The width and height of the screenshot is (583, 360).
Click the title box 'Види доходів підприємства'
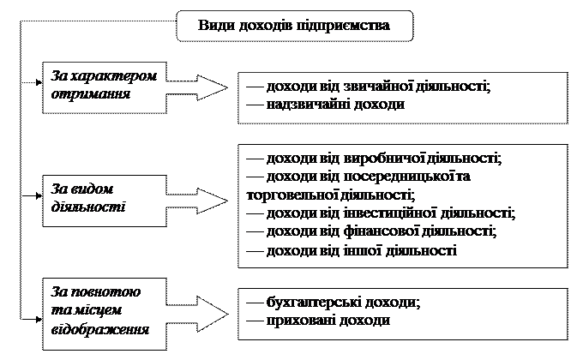pyautogui.click(x=294, y=26)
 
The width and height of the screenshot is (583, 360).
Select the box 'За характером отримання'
pyautogui.click(x=105, y=87)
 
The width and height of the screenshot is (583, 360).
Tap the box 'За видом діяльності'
pyautogui.click(x=105, y=201)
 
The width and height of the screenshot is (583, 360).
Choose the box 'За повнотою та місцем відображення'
pyautogui.click(x=105, y=314)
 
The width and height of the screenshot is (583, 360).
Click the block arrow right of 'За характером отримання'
pyautogui.click(x=197, y=87)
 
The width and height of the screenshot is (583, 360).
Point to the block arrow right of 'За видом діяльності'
pyautogui.click(x=197, y=201)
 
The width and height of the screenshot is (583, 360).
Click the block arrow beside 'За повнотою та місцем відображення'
pyautogui.click(x=197, y=315)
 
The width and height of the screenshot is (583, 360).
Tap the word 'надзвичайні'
pyautogui.click(x=309, y=105)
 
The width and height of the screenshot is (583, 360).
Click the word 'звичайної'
pyautogui.click(x=378, y=87)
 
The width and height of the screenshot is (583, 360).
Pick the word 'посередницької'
pyautogui.click(x=398, y=177)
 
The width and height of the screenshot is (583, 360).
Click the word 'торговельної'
pyautogui.click(x=291, y=195)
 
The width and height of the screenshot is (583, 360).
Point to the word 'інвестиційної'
pyautogui.click(x=389, y=213)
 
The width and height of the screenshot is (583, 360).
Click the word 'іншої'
pyautogui.click(x=363, y=250)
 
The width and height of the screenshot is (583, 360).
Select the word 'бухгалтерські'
pyautogui.click(x=314, y=302)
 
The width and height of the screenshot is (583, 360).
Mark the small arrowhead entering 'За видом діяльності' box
pyautogui.click(x=39, y=195)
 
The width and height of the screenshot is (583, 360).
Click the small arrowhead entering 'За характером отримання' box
pyautogui.click(x=39, y=82)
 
